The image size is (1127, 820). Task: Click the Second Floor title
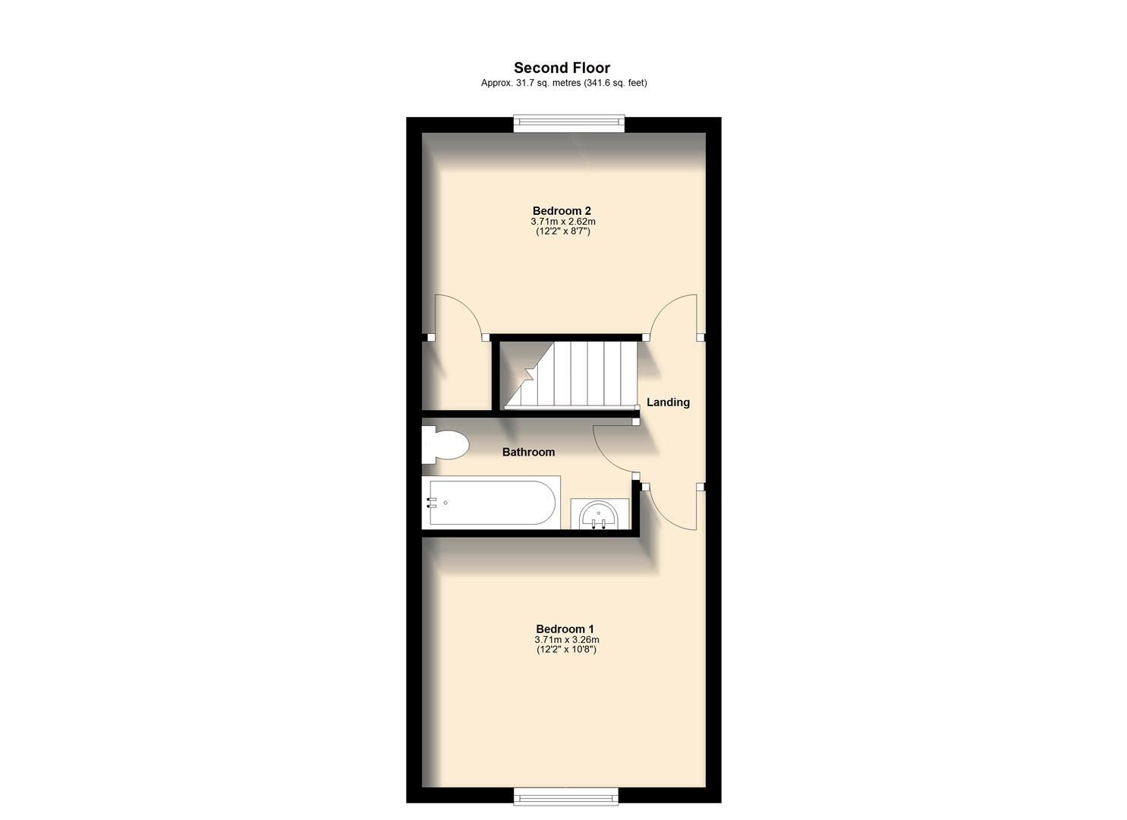click(x=562, y=68)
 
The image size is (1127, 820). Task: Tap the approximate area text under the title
click(x=563, y=83)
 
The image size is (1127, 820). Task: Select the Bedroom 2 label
click(x=562, y=211)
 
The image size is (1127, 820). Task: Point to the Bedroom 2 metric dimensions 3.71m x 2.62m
click(x=563, y=222)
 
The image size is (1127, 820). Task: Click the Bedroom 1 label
click(x=565, y=629)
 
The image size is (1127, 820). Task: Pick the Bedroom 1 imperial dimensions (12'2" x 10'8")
click(x=566, y=650)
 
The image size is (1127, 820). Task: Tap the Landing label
click(x=668, y=402)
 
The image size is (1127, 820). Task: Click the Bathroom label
click(x=528, y=452)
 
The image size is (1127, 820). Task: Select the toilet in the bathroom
click(x=443, y=446)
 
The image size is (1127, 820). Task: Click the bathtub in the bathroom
click(x=493, y=502)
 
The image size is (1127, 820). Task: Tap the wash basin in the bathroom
click(x=599, y=514)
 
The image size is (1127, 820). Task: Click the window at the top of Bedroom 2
click(x=568, y=122)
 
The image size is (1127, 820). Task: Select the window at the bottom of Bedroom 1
click(x=565, y=796)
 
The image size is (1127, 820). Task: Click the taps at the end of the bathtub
click(x=432, y=502)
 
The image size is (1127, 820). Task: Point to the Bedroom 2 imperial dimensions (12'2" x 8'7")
click(x=563, y=231)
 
